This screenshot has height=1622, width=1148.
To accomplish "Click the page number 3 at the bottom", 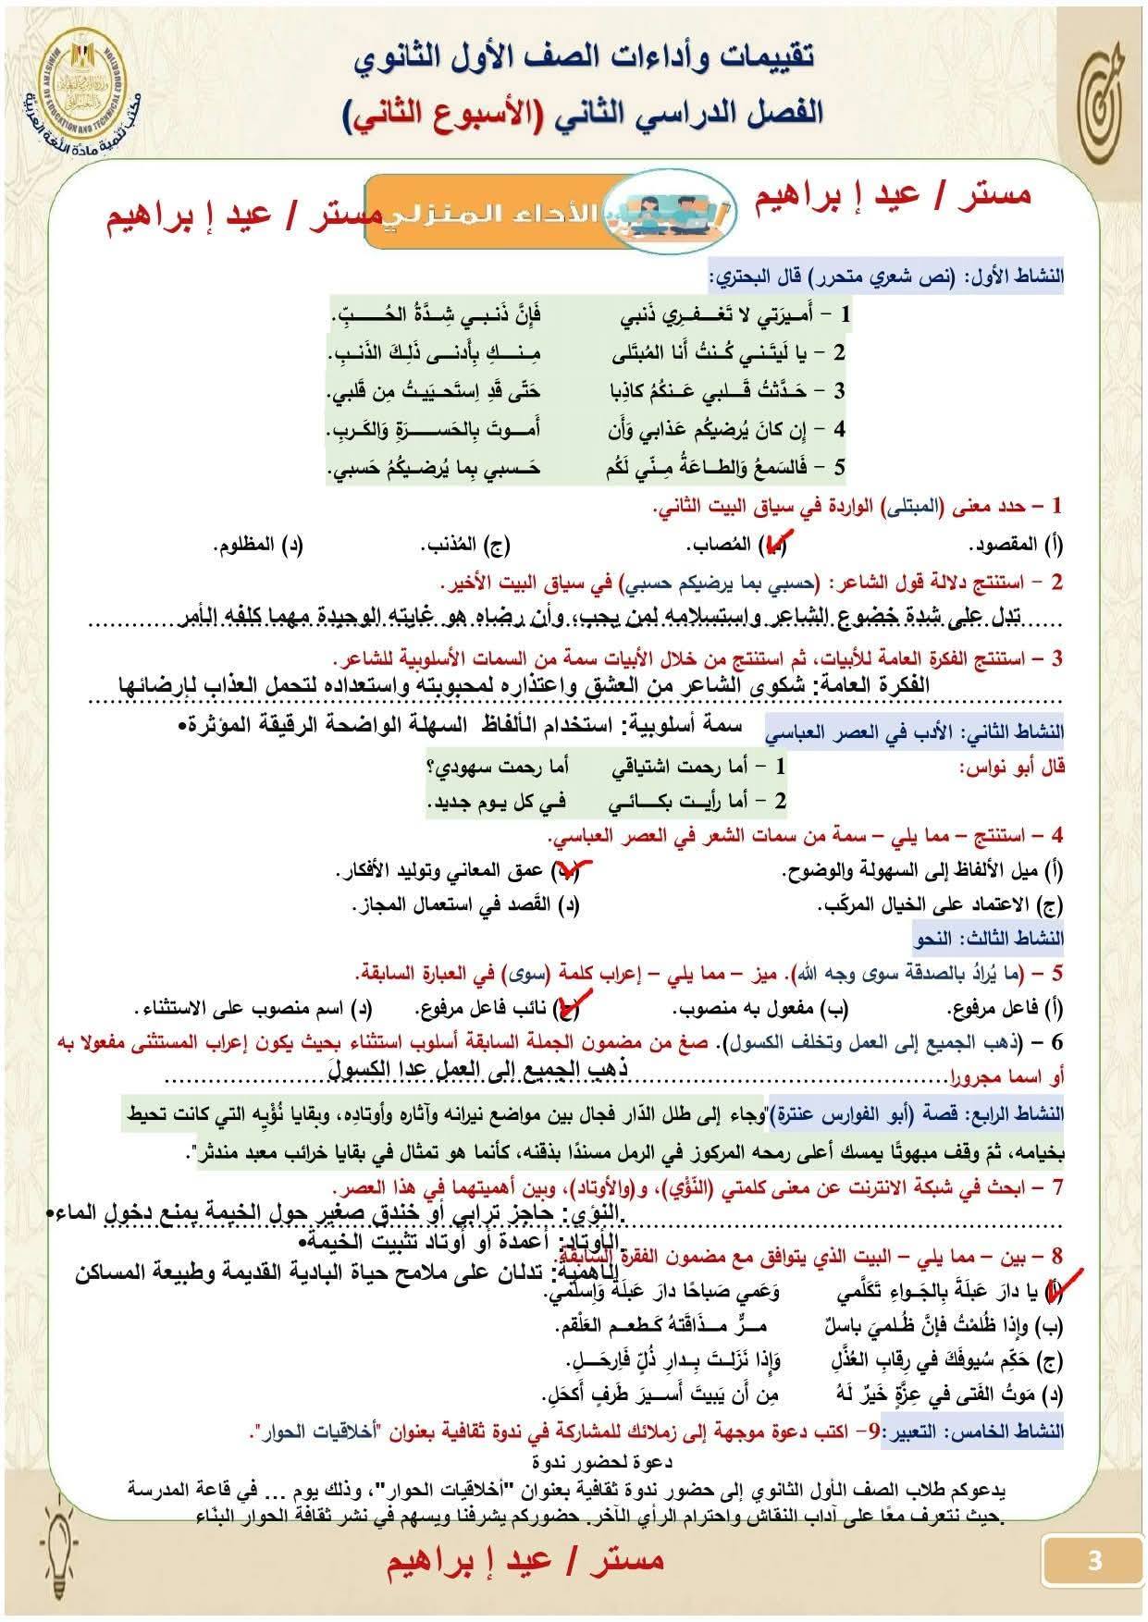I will [x=1095, y=1562].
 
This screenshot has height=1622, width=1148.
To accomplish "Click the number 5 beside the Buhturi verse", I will [x=838, y=467].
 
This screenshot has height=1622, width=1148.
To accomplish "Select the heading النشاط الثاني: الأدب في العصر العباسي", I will [x=915, y=732].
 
